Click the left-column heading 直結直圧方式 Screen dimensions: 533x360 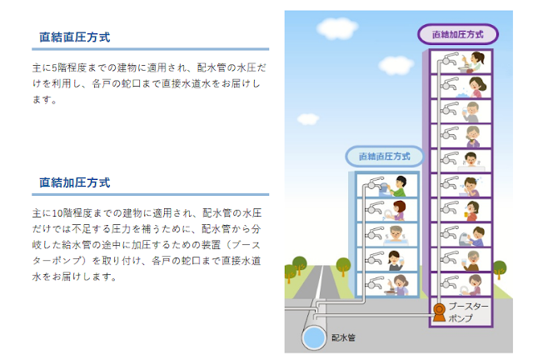(x=75, y=37)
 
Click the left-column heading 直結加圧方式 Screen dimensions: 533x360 (x=75, y=182)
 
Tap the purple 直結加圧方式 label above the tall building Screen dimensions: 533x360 (x=458, y=35)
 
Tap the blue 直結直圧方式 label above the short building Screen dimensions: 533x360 (x=385, y=156)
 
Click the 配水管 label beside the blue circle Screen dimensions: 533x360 (x=344, y=338)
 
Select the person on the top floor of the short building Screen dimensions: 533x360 (x=401, y=184)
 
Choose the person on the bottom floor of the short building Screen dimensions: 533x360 (x=401, y=285)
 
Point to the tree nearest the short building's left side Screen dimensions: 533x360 (x=343, y=267)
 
